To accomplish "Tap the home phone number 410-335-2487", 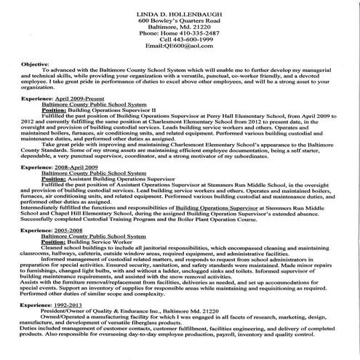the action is [190, 32].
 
